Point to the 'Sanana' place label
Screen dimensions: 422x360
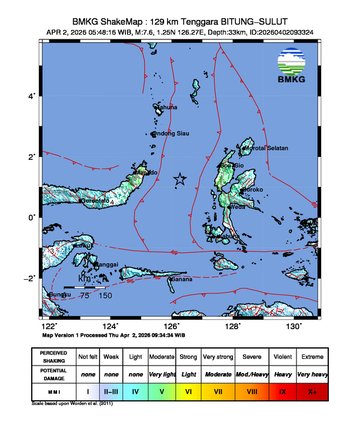click(x=178, y=279)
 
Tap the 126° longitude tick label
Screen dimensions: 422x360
click(x=171, y=326)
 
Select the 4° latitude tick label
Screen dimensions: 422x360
click(x=33, y=96)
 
